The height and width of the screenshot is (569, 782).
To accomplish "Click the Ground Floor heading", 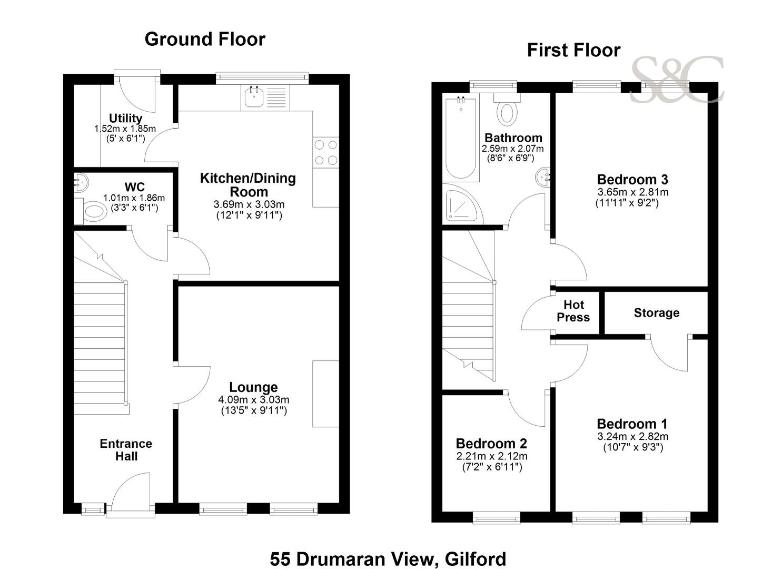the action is pyautogui.click(x=205, y=39).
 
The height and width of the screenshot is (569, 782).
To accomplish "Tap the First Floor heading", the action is pyautogui.click(x=573, y=50).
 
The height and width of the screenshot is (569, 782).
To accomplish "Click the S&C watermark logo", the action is pyautogui.click(x=677, y=80).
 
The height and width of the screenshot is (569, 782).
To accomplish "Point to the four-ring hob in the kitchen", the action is pyautogui.click(x=326, y=152).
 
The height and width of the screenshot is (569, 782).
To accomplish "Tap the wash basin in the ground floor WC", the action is pyautogui.click(x=81, y=183).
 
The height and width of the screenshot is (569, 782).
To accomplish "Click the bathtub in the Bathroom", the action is pyautogui.click(x=461, y=139).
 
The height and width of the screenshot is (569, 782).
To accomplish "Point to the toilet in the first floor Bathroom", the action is pyautogui.click(x=507, y=110).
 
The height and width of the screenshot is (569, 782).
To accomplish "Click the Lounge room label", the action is pyautogui.click(x=253, y=387).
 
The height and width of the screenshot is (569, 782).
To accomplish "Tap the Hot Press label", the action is pyautogui.click(x=573, y=311).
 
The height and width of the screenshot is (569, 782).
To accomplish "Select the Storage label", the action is pyautogui.click(x=657, y=312).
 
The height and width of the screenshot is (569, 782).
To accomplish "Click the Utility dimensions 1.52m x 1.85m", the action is pyautogui.click(x=125, y=129).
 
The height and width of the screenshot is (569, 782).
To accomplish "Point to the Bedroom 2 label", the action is pyautogui.click(x=491, y=443).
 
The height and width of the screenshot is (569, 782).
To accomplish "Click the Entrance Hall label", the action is pyautogui.click(x=126, y=450).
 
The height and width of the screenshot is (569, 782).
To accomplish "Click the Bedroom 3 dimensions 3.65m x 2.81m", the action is pyautogui.click(x=633, y=192).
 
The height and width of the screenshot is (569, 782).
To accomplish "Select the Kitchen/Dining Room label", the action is pyautogui.click(x=248, y=185).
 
